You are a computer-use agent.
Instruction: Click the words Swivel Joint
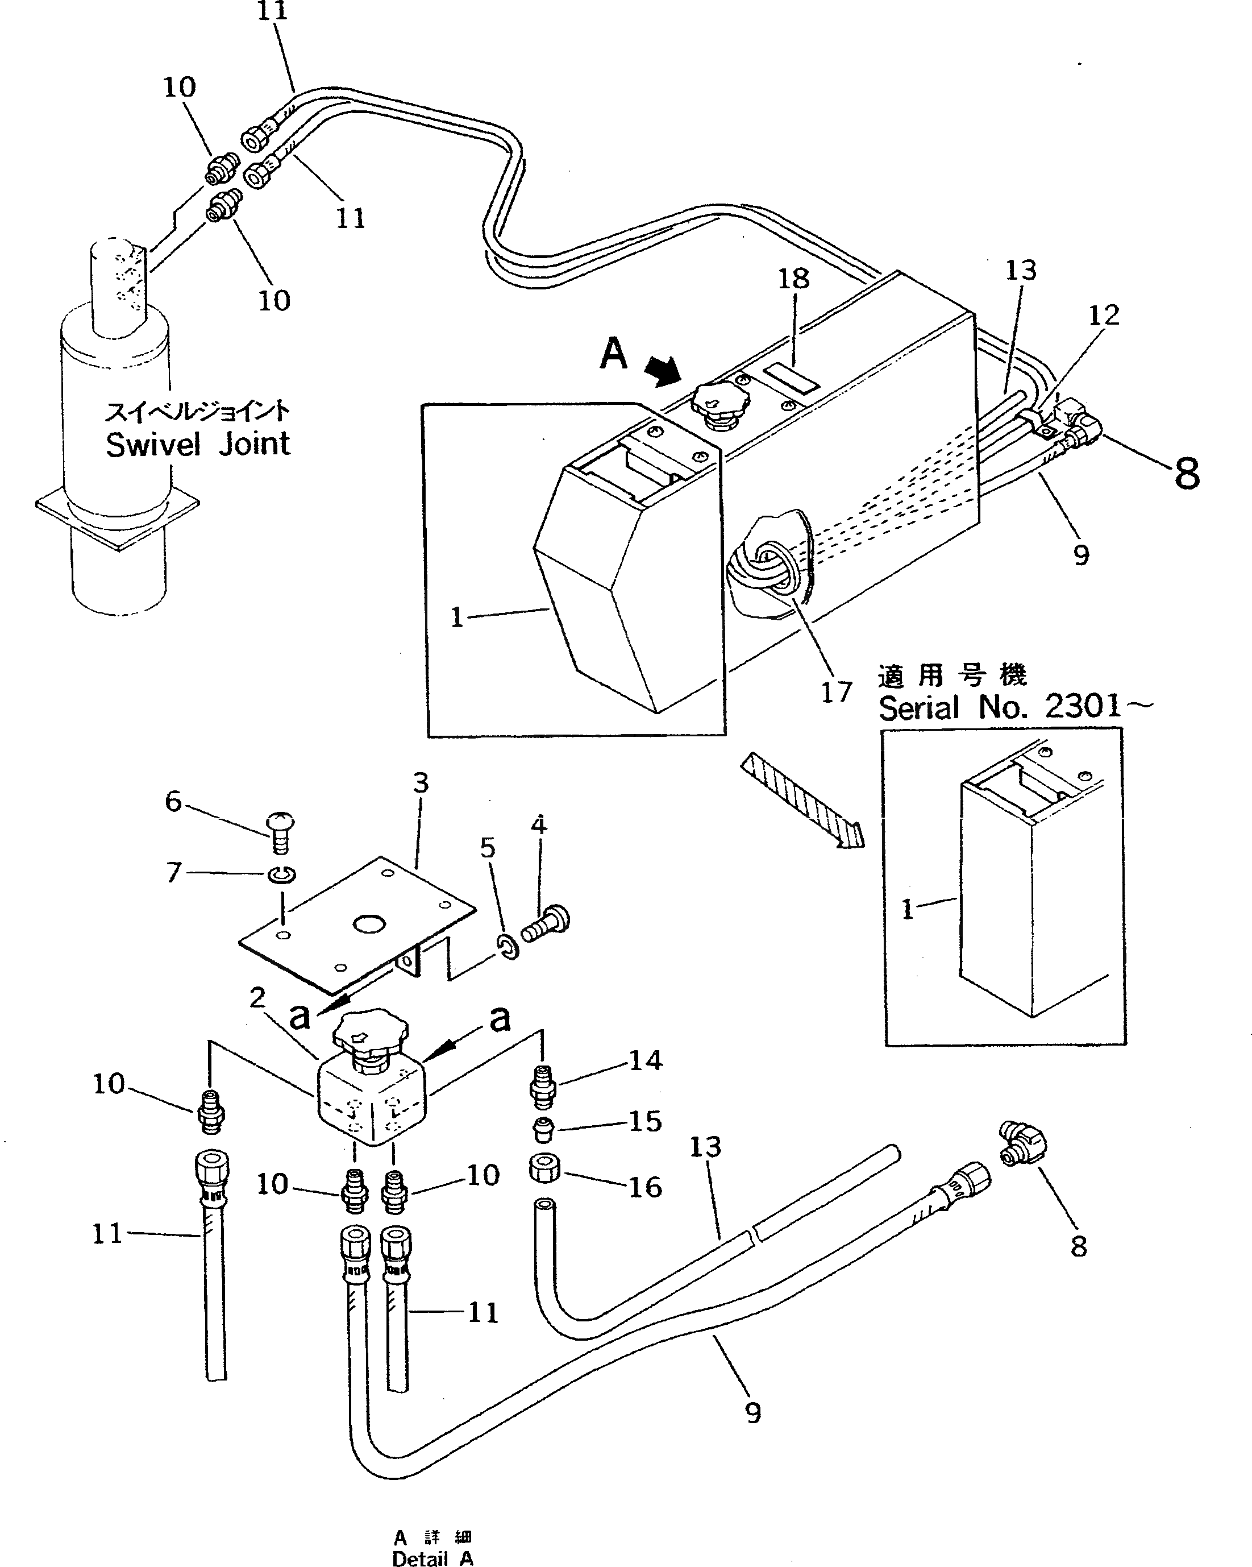tap(198, 444)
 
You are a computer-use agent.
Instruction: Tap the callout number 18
tap(793, 279)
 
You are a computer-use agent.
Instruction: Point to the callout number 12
tap(1103, 316)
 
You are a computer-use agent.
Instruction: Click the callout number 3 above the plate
tap(421, 783)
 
